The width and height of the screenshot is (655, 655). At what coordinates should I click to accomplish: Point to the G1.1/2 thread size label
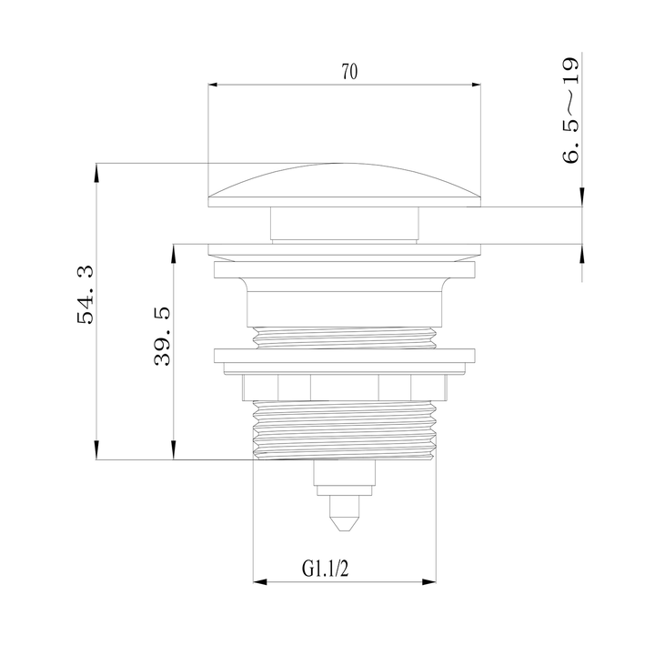pyautogui.click(x=326, y=569)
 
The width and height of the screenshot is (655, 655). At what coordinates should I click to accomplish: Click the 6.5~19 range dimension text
pyautogui.click(x=570, y=110)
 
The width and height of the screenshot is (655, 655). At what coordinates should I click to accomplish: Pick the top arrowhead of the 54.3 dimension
pyautogui.click(x=96, y=169)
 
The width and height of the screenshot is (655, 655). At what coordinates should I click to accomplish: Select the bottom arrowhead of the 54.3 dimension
pyautogui.click(x=96, y=454)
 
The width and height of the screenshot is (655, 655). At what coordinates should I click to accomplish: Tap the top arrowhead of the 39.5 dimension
pyautogui.click(x=173, y=249)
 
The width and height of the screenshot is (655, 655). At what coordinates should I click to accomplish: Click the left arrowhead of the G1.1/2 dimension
pyautogui.click(x=258, y=582)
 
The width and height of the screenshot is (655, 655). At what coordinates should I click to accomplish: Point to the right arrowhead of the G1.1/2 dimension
pyautogui.click(x=432, y=582)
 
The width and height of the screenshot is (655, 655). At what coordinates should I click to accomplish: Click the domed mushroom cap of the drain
pyautogui.click(x=345, y=186)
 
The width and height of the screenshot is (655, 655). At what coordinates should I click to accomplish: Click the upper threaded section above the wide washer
pyautogui.click(x=345, y=337)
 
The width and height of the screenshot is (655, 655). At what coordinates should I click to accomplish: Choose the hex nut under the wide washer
pyautogui.click(x=345, y=387)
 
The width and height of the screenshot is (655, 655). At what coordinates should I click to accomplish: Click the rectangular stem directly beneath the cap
pyautogui.click(x=345, y=224)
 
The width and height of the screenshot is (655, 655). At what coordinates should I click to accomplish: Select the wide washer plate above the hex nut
pyautogui.click(x=345, y=359)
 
